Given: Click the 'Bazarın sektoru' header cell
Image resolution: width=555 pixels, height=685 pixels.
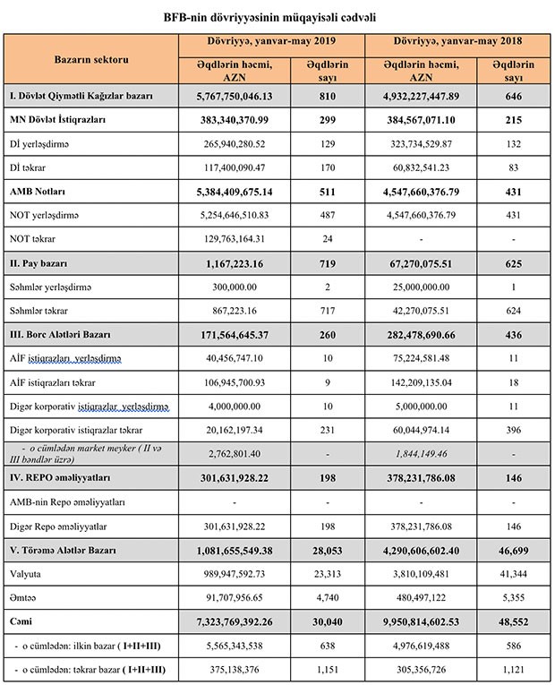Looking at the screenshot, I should [91, 58].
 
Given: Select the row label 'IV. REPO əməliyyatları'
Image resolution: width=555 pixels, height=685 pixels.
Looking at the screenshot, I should [62, 476].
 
